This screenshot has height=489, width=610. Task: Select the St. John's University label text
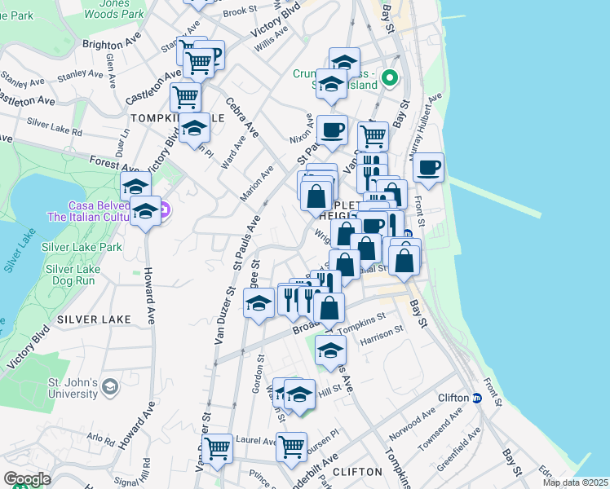pos(72,388)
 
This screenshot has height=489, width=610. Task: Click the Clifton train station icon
pos(475,399)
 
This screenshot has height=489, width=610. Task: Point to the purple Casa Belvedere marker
pos(163,209)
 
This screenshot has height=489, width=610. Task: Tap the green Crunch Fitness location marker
pos(390,80)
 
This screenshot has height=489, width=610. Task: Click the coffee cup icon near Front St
pos(428,168)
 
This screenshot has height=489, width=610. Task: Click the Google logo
pos(27,479)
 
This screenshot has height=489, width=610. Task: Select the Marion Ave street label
pos(256,184)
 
